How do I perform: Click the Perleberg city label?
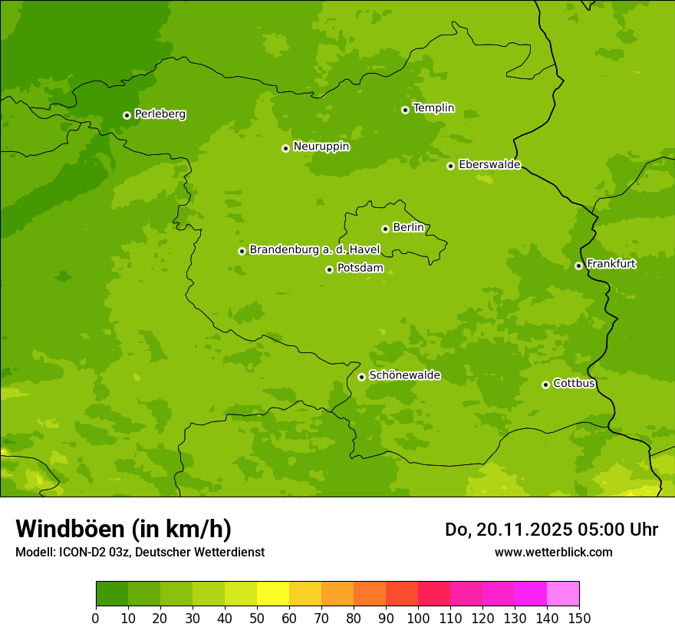(x=160, y=114)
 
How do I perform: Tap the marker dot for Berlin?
(x=385, y=229)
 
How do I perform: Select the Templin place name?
(x=433, y=108)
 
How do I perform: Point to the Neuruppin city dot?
(x=285, y=148)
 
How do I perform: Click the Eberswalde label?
(x=489, y=165)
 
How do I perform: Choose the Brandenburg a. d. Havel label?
(x=314, y=250)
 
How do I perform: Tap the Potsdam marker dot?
(x=329, y=269)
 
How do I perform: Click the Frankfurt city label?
(x=611, y=264)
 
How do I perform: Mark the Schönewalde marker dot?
(x=361, y=377)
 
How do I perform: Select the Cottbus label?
(x=574, y=384)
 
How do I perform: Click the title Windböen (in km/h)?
(x=123, y=529)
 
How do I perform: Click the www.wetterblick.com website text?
(x=553, y=552)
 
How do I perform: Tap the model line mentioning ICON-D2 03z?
(x=140, y=552)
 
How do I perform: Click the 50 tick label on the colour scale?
(x=257, y=618)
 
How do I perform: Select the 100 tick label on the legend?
(x=418, y=618)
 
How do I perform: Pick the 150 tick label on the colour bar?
(x=579, y=618)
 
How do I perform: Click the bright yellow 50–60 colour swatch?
(x=273, y=594)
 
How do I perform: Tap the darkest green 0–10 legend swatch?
(x=112, y=594)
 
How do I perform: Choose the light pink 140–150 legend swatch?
(x=563, y=594)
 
